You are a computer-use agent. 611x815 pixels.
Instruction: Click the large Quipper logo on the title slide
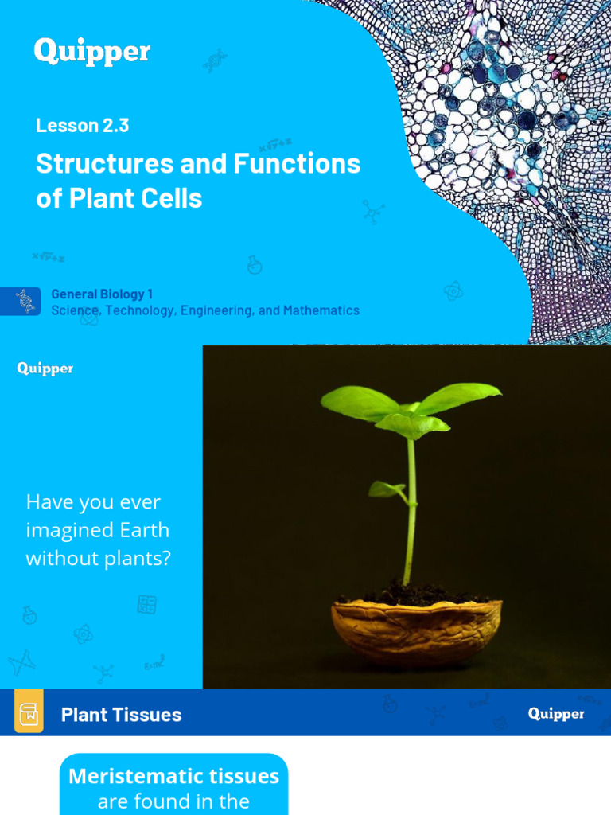pos(91,52)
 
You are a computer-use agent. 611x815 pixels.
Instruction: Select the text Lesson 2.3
pos(82,125)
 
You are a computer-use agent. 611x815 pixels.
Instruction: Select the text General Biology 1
pos(102,294)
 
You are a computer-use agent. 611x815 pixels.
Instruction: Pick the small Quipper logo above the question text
pos(45,369)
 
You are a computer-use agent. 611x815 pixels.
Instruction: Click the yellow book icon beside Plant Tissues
pos(29,712)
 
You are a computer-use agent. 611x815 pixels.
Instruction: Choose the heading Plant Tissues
pos(121,715)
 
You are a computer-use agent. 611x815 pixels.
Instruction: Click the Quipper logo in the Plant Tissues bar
pos(556,713)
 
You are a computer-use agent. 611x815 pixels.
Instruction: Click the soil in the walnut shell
pos(414,595)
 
